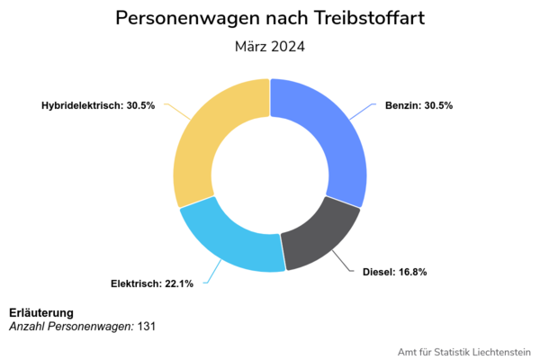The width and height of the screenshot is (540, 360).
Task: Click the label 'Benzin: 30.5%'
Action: point(418,105)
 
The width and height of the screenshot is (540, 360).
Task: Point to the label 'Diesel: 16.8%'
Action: point(395,271)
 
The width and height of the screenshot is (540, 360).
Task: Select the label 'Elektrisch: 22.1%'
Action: point(152,284)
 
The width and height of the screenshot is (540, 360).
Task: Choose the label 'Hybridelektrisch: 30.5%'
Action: point(98,105)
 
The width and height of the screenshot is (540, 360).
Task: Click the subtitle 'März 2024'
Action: point(270,47)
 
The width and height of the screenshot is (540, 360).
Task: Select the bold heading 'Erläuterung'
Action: point(41,312)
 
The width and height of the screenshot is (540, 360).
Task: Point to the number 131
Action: point(147,326)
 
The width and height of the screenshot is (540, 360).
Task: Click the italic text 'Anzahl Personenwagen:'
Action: point(71,326)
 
